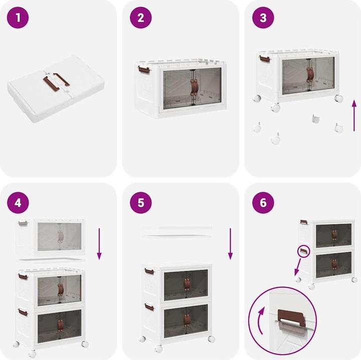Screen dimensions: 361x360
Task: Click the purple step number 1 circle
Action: point(18,18)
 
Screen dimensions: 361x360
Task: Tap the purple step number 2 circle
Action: point(141,18)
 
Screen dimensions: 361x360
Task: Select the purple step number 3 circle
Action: point(263,18)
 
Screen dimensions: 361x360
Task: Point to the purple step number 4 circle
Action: point(18,203)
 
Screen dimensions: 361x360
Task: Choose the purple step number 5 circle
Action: point(141,203)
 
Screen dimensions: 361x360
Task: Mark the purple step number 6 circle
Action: point(263,203)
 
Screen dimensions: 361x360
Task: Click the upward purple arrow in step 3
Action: point(354,116)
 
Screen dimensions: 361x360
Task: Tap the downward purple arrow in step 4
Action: point(99,244)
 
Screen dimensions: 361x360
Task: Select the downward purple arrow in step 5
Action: point(230,244)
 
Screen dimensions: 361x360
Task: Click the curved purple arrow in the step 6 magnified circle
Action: point(260,320)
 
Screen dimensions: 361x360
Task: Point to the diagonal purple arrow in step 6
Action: point(297,267)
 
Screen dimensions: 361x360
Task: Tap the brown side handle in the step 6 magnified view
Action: point(291,316)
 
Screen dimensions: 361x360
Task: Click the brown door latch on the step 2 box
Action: point(193,87)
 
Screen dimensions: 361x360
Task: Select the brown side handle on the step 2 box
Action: point(144,69)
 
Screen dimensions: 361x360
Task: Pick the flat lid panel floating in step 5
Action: point(177,231)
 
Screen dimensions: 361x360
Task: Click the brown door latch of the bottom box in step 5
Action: point(186,320)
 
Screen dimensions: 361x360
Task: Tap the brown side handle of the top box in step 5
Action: point(149,271)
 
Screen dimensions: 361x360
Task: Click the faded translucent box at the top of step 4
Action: point(50,237)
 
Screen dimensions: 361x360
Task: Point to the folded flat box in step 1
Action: point(56,89)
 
